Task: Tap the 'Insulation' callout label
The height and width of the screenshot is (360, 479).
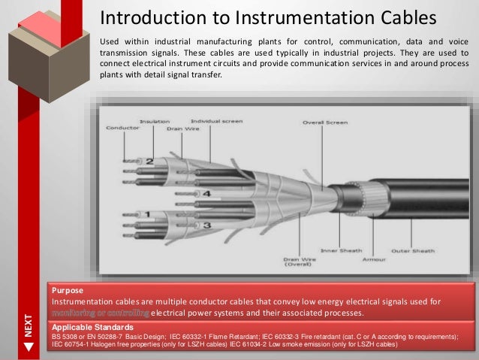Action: pos(154,121)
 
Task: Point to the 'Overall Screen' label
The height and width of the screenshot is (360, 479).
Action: pos(324,122)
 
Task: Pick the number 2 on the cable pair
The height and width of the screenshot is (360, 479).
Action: pos(149,162)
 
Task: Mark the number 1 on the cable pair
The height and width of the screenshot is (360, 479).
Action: pos(147,215)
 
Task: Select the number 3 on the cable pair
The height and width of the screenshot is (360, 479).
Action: pos(206,225)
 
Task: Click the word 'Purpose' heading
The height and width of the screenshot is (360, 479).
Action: pos(66,289)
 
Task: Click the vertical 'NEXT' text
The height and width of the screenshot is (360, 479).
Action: pos(29,325)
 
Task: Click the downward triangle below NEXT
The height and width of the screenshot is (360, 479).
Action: pos(29,347)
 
